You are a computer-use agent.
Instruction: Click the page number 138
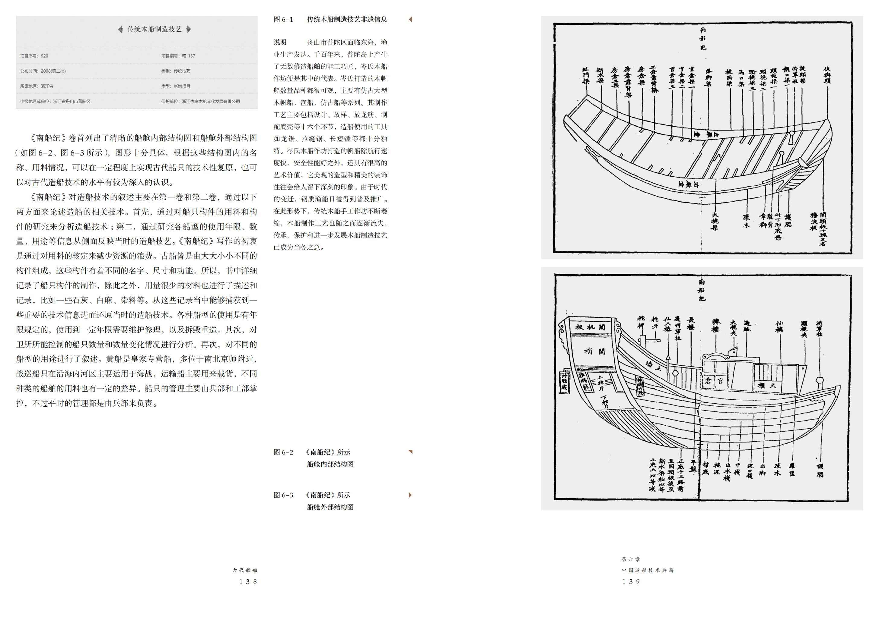(x=248, y=582)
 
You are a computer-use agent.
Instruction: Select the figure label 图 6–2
(x=283, y=452)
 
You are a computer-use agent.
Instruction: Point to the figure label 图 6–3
(x=283, y=495)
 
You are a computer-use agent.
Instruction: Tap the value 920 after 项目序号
(x=44, y=56)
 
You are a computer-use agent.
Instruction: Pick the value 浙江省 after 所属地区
(x=47, y=87)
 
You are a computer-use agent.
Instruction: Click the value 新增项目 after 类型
(x=182, y=87)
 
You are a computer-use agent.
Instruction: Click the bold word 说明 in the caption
(x=280, y=42)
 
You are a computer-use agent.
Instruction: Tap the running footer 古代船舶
(x=245, y=570)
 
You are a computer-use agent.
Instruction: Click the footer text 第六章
(x=631, y=559)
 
